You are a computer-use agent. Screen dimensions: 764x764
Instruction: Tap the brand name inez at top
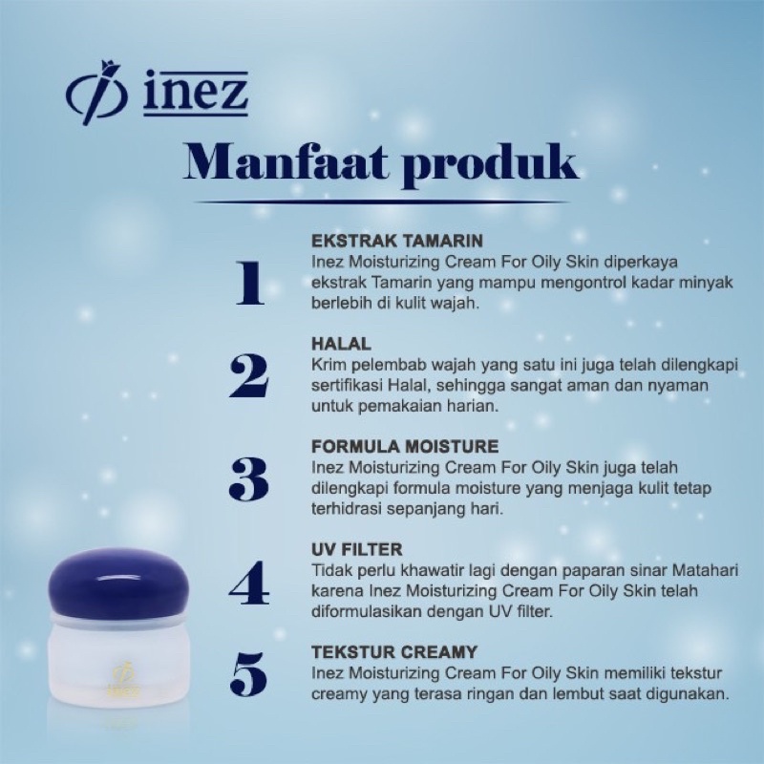196,95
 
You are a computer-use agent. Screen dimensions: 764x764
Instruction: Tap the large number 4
249,584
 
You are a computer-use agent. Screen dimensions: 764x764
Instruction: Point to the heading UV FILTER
357,550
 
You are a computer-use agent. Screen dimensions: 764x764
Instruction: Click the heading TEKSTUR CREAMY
394,653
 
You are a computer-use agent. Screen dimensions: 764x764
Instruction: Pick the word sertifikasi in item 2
349,386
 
